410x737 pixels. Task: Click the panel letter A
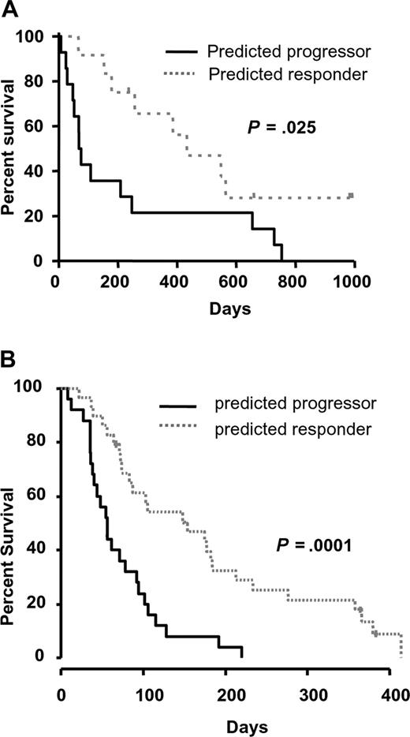click(x=9, y=9)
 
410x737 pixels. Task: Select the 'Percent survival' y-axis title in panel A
click(x=12, y=148)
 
